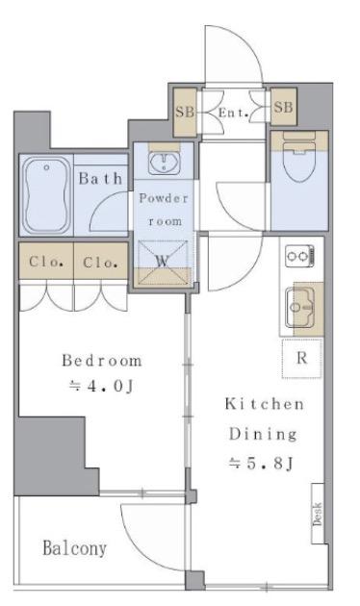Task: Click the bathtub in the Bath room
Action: (x=47, y=194)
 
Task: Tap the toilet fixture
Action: (x=299, y=162)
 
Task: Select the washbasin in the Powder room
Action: (x=165, y=163)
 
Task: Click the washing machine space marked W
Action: (x=163, y=263)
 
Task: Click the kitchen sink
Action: (x=300, y=308)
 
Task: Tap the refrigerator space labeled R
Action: (x=302, y=358)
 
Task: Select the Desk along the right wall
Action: (x=318, y=514)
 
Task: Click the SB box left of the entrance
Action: (x=185, y=113)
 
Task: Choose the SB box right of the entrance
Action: (x=283, y=107)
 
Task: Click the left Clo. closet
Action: (x=46, y=261)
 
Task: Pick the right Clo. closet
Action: (x=100, y=261)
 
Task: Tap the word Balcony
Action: (x=74, y=548)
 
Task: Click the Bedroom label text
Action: (x=102, y=361)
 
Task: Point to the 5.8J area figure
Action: (x=261, y=463)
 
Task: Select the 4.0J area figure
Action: (x=101, y=386)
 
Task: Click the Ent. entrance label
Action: (x=233, y=113)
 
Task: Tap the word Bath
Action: (x=100, y=179)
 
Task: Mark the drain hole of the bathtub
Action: (x=47, y=167)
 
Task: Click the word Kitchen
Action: (x=265, y=404)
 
